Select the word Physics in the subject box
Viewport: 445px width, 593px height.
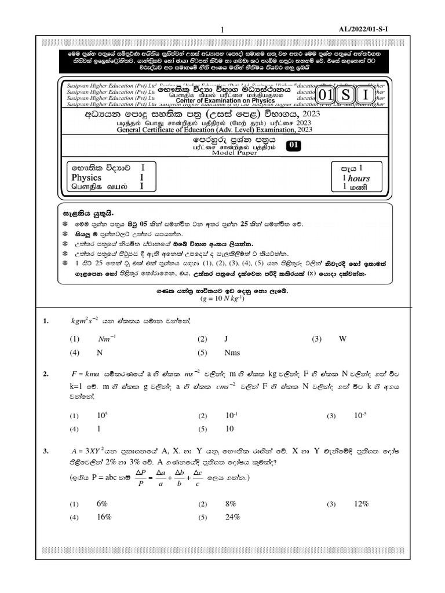click(x=86, y=177)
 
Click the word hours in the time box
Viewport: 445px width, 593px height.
click(x=359, y=178)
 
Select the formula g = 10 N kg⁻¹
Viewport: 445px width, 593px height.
click(x=222, y=298)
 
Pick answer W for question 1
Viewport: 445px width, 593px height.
click(x=342, y=339)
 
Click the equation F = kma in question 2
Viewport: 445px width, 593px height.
click(x=83, y=375)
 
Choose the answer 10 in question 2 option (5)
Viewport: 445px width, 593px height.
click(x=229, y=429)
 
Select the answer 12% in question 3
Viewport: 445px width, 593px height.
click(x=362, y=504)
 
